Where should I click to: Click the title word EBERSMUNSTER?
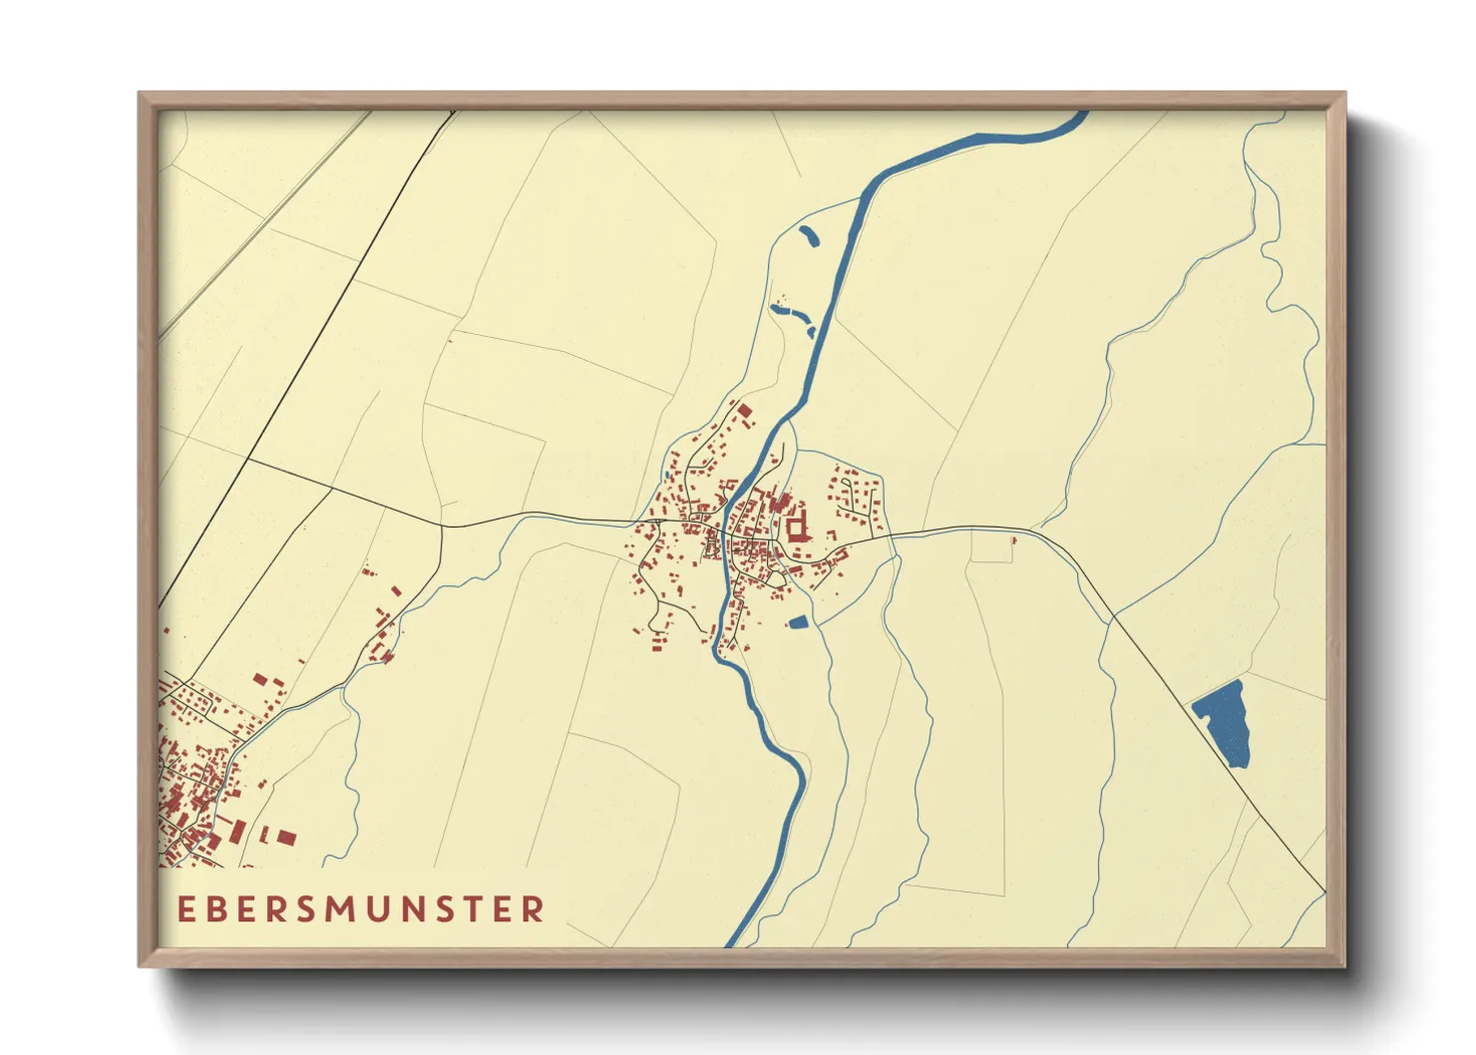tap(361, 908)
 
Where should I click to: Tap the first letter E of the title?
tap(185, 908)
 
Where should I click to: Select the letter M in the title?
tap(340, 908)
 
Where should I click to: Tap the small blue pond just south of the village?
tap(798, 622)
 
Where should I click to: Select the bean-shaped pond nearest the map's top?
tap(808, 236)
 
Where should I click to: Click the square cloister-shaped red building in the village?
tap(797, 525)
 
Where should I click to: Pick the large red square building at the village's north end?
tap(744, 411)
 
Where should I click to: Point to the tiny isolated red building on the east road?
tap(1013, 540)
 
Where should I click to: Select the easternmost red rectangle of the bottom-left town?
tap(286, 837)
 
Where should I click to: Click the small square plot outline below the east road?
tap(991, 546)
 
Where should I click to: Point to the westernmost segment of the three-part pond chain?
tap(776, 309)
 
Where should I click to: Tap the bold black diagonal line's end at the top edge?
tap(454, 112)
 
